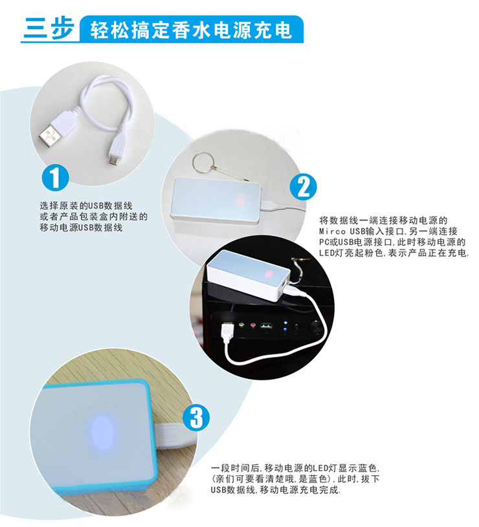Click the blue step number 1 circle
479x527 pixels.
point(56,177)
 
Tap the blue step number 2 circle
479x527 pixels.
point(304,187)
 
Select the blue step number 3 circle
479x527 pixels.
point(196,418)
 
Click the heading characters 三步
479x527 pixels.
point(49,29)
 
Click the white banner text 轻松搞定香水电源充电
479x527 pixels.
point(191,30)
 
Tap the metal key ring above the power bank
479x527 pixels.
point(203,163)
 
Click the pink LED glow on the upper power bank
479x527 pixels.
point(240,201)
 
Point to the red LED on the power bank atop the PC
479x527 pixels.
point(269,274)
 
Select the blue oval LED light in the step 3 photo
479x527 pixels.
point(102,432)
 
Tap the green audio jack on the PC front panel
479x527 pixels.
point(241,325)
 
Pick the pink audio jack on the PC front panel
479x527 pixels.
point(252,325)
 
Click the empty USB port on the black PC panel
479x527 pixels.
point(266,325)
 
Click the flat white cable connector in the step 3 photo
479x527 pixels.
point(171,436)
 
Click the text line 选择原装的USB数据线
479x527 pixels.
point(86,206)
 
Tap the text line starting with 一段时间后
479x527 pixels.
point(295,468)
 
